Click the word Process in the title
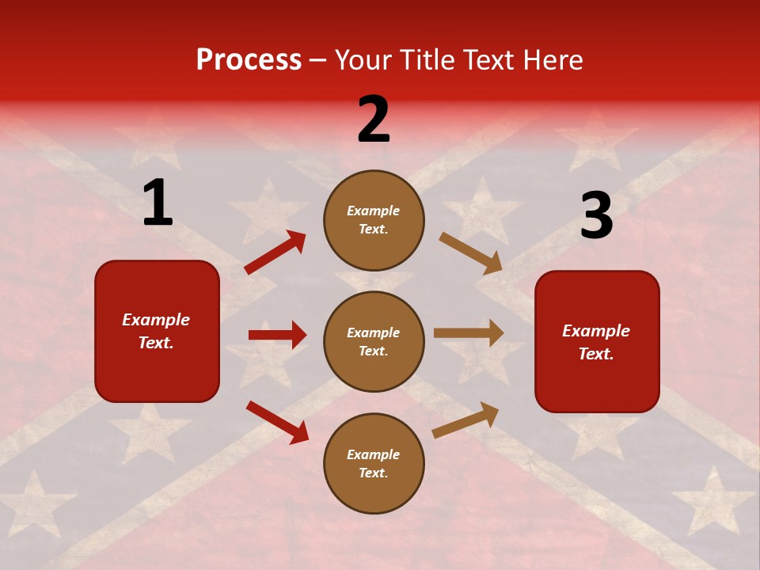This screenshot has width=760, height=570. (249, 59)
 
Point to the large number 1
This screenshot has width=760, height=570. (158, 203)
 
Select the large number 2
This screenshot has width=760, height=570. (374, 120)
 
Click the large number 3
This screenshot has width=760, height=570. (596, 216)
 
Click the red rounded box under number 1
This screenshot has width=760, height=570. (157, 331)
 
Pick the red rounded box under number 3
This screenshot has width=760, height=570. (597, 341)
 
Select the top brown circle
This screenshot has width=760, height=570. (374, 219)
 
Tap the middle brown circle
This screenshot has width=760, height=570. (374, 341)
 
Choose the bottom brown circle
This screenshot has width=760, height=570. (374, 463)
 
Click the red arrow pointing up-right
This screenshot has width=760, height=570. (275, 253)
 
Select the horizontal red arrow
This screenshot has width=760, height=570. (277, 335)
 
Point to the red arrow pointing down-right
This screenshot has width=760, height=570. (278, 422)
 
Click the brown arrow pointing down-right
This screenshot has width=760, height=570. (470, 253)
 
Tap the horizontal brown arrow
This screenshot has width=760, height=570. (469, 333)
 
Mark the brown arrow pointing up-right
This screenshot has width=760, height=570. (465, 420)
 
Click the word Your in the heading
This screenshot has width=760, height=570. (363, 59)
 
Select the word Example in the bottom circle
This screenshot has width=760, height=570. (374, 454)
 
